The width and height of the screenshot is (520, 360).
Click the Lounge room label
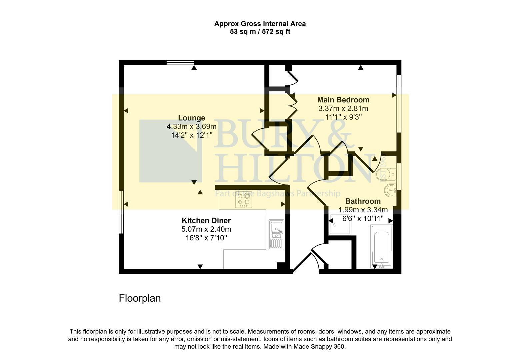[191, 118]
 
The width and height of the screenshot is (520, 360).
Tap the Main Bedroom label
[343, 100]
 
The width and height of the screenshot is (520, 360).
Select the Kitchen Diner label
[206, 220]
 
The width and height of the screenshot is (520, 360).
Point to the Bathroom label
[363, 201]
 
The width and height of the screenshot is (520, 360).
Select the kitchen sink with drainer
[276, 235]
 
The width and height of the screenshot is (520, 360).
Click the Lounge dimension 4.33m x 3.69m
[191, 127]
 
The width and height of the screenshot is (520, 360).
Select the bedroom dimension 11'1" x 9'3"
[343, 117]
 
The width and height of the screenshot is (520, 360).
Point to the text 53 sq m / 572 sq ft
[260, 32]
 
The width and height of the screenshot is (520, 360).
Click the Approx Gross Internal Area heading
[260, 24]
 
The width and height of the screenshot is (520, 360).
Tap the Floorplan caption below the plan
[140, 298]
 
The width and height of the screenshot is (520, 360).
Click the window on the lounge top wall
[180, 62]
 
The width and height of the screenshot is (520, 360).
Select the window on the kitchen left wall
[121, 212]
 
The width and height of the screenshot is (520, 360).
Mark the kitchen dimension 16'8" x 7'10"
[206, 238]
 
